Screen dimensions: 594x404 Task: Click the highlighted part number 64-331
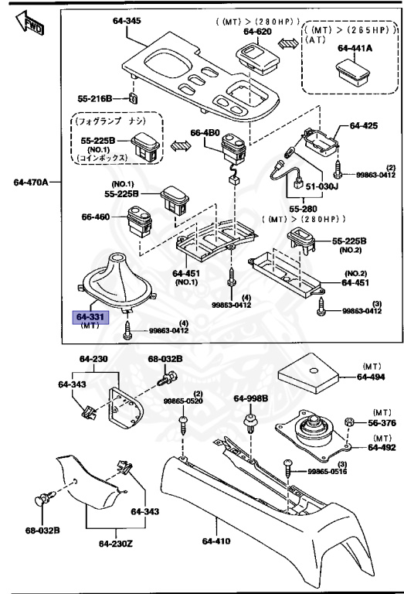(x=90, y=317)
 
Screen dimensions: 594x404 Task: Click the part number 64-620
(x=258, y=32)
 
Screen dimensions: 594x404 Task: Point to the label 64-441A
(x=355, y=48)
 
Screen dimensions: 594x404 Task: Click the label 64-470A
(x=32, y=183)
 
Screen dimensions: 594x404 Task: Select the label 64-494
(x=374, y=377)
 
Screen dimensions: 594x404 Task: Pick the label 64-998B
(x=251, y=398)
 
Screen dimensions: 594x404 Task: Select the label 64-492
(x=382, y=447)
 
